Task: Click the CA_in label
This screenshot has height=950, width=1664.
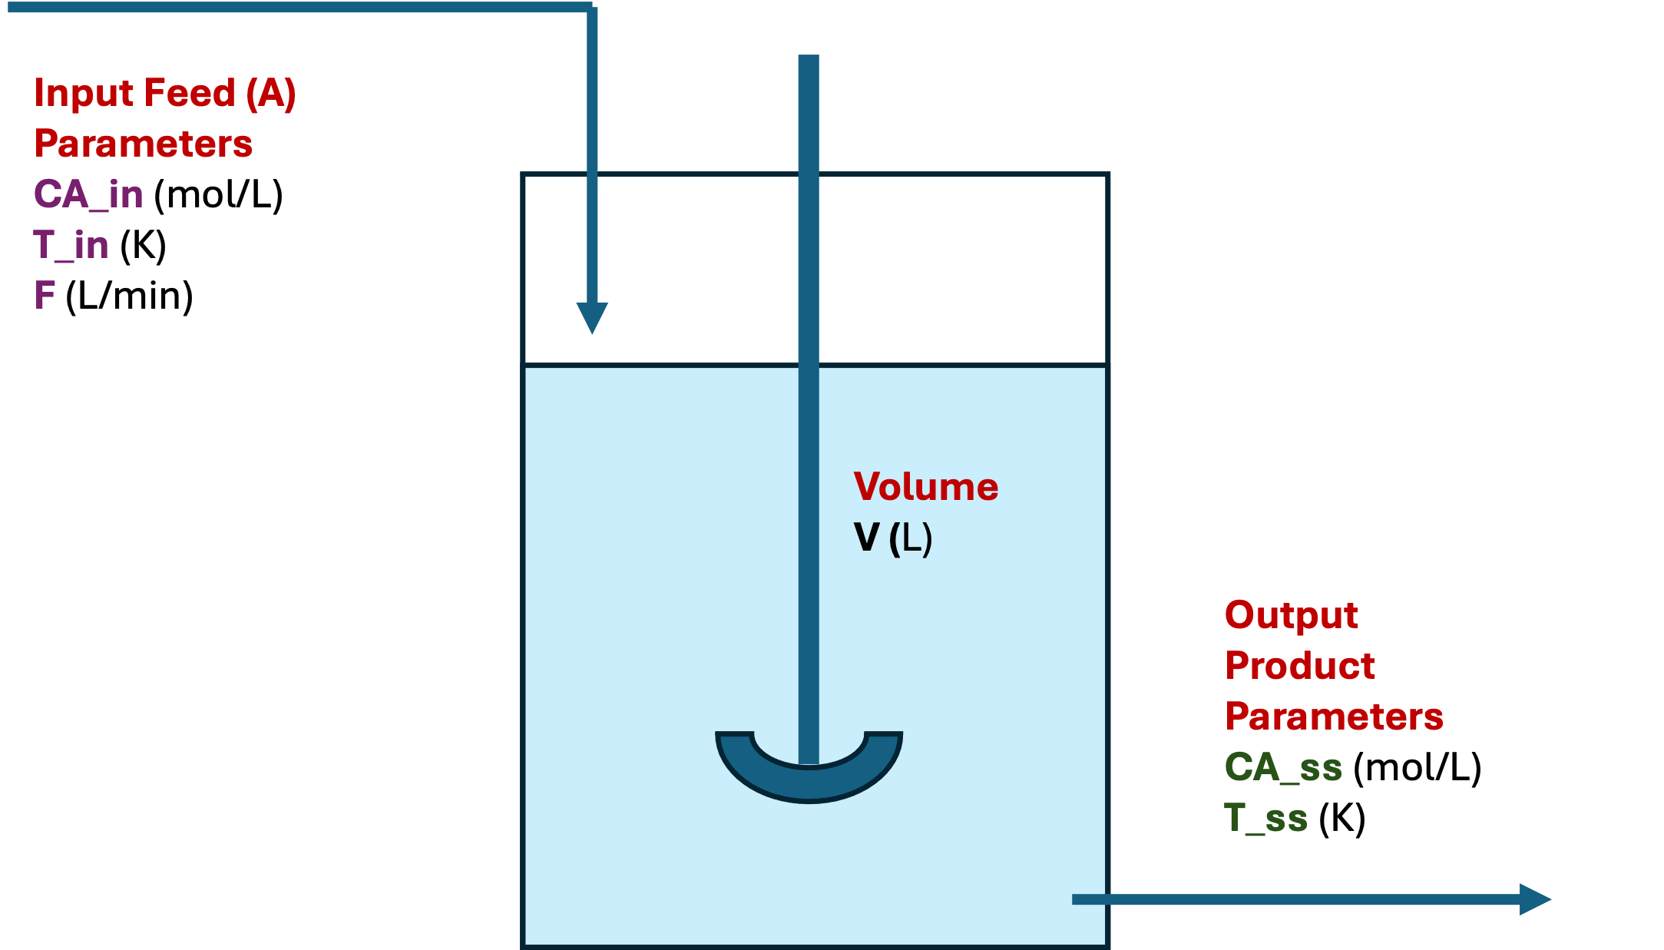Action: coord(88,194)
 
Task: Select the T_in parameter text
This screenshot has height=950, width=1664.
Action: coord(71,245)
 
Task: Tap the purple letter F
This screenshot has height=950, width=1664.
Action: coord(45,295)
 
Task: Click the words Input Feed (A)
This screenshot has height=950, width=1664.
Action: coord(165,94)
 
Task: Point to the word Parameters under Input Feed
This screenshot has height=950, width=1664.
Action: coord(144,144)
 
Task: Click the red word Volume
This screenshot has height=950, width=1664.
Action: coord(925,487)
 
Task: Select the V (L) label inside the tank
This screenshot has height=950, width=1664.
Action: coord(892,538)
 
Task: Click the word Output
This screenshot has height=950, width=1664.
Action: coord(1292,615)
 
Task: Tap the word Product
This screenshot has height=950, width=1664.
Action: coord(1300,666)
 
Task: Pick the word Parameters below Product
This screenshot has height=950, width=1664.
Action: coord(1334,717)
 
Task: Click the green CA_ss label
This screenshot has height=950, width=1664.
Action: coord(1283,767)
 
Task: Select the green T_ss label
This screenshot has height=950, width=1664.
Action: coord(1265,818)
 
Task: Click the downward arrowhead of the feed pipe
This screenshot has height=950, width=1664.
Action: coord(592,316)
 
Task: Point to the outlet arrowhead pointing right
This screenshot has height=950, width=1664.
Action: coord(1534,899)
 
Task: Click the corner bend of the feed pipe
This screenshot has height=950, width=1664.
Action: coord(591,9)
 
